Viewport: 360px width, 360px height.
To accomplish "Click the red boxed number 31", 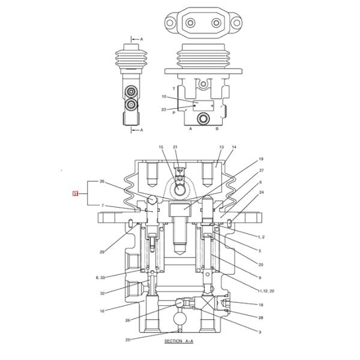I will tap(75, 193).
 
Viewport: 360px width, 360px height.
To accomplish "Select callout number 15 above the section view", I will tap(161, 147).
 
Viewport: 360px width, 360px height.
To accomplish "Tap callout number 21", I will tap(175, 147).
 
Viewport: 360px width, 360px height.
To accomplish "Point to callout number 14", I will tap(234, 147).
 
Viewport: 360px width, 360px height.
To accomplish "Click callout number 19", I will tap(261, 159).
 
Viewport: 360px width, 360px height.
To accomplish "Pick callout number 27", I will tap(261, 170).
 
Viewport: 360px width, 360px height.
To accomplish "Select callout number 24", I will tap(261, 193).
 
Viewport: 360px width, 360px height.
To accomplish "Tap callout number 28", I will tap(260, 317).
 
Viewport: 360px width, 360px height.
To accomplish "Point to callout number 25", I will tap(128, 340).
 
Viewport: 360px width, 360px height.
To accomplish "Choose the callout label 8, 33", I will tap(100, 278).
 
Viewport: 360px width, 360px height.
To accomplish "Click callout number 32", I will tap(103, 293).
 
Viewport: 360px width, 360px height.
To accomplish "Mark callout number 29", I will tap(103, 252).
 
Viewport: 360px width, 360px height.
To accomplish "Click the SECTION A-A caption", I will tap(179, 341).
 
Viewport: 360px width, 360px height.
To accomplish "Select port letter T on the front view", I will tap(174, 88).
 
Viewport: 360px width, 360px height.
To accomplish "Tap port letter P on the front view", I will tap(174, 112).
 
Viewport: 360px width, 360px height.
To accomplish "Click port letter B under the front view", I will tap(217, 128).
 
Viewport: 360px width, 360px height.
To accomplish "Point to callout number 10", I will tap(163, 97).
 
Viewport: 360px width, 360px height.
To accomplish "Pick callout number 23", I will tap(163, 109).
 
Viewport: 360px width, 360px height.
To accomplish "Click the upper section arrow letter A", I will tap(142, 39).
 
